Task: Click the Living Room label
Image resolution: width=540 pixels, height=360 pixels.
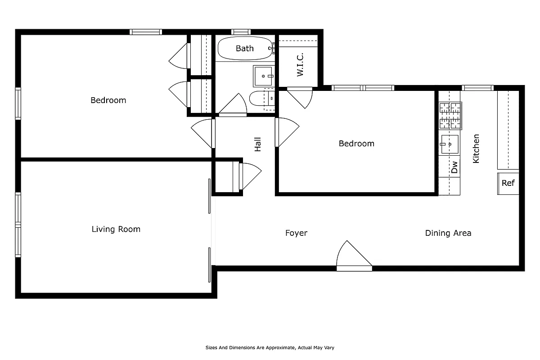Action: click(x=116, y=229)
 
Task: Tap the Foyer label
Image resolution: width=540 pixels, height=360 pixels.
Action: click(x=296, y=233)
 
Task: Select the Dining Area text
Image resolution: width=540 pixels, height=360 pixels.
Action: click(x=448, y=233)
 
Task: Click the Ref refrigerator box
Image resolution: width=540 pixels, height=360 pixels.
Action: click(x=508, y=183)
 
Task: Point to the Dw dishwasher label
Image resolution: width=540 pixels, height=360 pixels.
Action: click(x=454, y=167)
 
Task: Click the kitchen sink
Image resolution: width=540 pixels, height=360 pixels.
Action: click(x=450, y=144)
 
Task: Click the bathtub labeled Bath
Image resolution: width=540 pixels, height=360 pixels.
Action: click(x=245, y=49)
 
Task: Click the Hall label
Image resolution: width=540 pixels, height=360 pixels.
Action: click(x=258, y=144)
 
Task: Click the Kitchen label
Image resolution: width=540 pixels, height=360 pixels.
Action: click(x=476, y=148)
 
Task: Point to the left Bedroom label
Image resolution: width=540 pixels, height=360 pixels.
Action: click(x=108, y=100)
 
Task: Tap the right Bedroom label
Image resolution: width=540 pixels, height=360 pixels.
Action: click(x=356, y=144)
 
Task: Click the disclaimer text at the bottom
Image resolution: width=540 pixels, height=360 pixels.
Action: click(x=270, y=348)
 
